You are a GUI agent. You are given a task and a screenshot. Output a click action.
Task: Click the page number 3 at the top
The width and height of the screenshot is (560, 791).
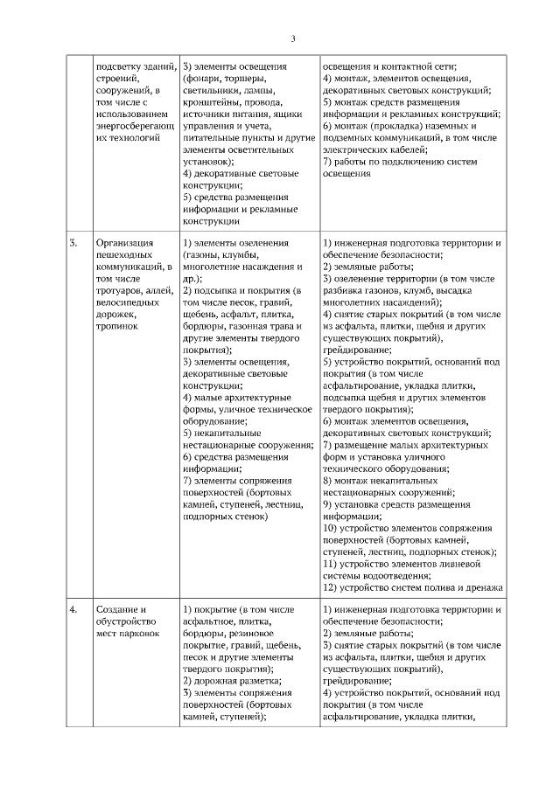point(293,38)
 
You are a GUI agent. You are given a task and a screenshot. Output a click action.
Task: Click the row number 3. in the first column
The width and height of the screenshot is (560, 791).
point(74,242)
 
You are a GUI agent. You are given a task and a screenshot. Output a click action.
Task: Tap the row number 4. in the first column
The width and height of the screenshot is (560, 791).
point(74,608)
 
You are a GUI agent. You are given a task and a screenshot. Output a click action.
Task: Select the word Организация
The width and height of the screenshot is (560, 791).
point(124,242)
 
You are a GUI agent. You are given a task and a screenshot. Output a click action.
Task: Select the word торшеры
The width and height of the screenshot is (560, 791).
point(240,78)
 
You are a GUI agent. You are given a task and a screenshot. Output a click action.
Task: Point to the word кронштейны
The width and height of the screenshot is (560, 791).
point(213,101)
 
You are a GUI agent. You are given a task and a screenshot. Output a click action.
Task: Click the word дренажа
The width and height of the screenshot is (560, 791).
point(481,587)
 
